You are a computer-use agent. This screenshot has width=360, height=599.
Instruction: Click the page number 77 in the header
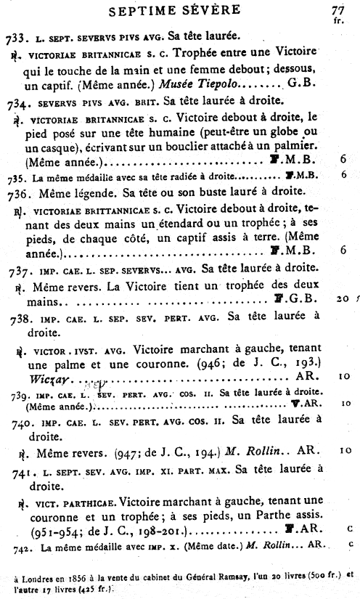pos(337,9)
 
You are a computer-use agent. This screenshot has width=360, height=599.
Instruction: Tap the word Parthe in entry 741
pos(271,517)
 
